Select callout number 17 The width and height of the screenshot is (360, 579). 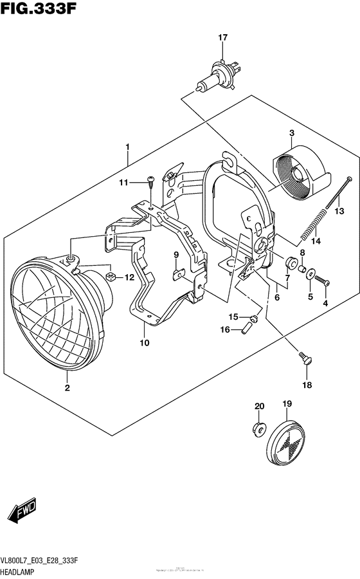pos(222,38)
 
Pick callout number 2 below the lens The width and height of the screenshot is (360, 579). pos(66,388)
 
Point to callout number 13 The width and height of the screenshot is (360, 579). pos(339,210)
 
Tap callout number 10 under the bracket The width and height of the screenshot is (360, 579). pos(144,342)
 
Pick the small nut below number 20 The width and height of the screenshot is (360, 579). pos(258,427)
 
